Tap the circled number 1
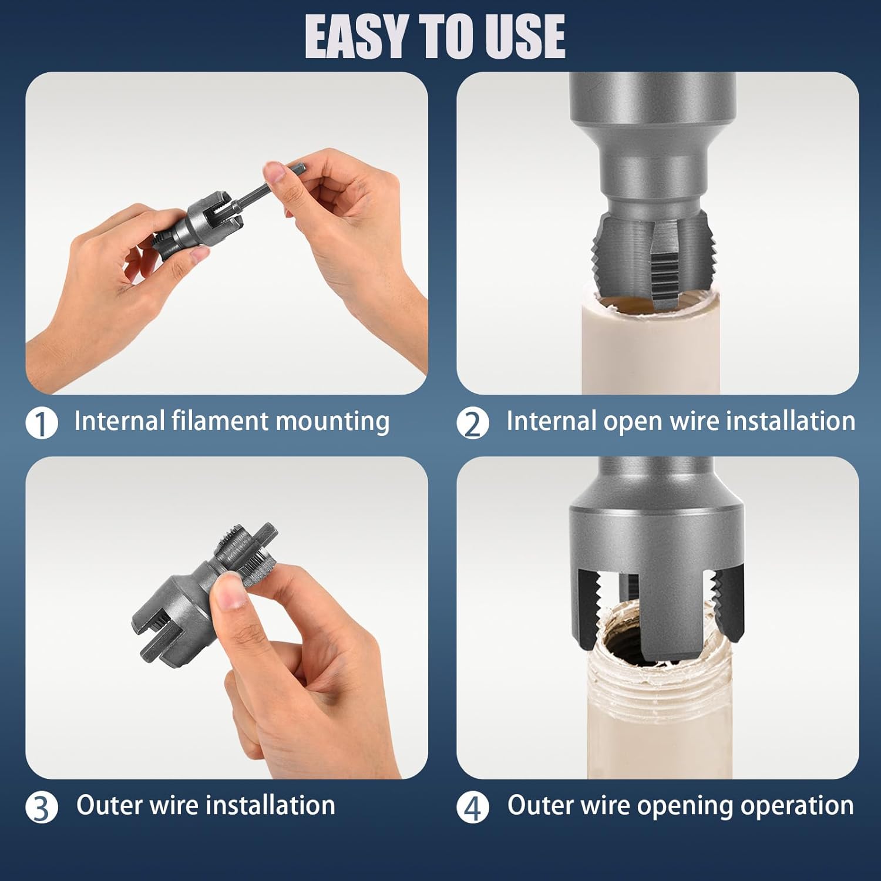(x=42, y=423)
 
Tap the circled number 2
(x=473, y=423)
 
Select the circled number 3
(x=42, y=808)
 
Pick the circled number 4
(x=473, y=808)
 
